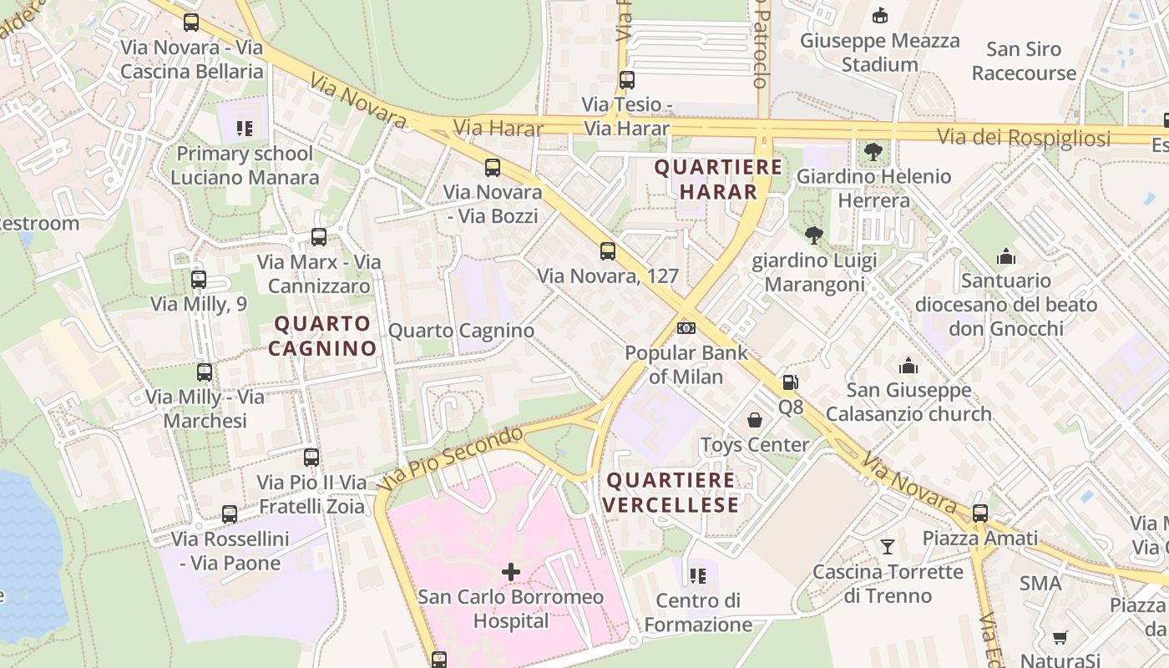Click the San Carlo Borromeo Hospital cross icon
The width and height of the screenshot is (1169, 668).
tap(510, 572)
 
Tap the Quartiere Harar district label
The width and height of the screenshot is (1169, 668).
tap(718, 180)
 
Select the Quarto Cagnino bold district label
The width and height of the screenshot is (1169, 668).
tap(322, 336)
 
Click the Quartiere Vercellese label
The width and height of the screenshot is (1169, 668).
tap(671, 493)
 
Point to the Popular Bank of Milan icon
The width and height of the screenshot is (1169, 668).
tap(686, 328)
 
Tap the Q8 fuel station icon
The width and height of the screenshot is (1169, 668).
tap(790, 383)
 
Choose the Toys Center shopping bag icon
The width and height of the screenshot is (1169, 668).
tap(755, 419)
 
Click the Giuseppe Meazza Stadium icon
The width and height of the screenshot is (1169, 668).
tap(879, 15)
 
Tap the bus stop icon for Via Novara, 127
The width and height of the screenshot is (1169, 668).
tap(608, 250)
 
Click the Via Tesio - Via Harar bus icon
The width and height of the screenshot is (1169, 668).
tap(627, 80)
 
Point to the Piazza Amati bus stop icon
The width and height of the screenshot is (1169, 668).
tap(980, 513)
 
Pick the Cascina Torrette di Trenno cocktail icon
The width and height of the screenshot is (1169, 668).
tap(888, 547)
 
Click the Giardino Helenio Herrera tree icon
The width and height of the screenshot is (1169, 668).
tap(873, 152)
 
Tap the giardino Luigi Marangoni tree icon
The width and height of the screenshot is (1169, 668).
tap(814, 235)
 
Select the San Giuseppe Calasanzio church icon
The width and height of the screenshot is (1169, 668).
tap(908, 365)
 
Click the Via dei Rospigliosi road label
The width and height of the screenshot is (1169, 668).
tap(1024, 138)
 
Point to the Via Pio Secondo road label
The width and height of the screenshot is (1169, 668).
tap(453, 458)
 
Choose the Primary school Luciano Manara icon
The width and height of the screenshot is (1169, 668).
tap(244, 129)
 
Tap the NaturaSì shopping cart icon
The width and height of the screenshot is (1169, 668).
tap(1060, 638)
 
